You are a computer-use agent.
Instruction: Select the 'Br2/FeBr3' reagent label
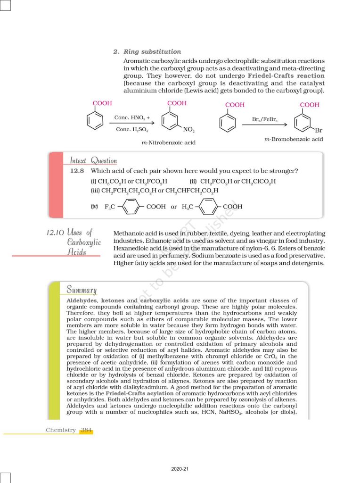pos(265,120)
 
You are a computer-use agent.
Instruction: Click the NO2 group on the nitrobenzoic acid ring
pos(189,129)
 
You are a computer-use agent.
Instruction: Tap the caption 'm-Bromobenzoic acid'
pos(294,139)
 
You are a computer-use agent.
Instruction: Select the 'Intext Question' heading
pos(93,160)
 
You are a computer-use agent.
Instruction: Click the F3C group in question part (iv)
pos(110,207)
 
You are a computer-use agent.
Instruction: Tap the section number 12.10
pos(56,233)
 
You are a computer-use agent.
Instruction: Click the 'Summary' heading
pos(82,289)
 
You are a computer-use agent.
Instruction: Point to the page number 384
pos(86,430)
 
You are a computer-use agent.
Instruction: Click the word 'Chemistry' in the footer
pos(61,430)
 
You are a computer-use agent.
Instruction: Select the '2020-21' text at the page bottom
pos(180,469)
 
